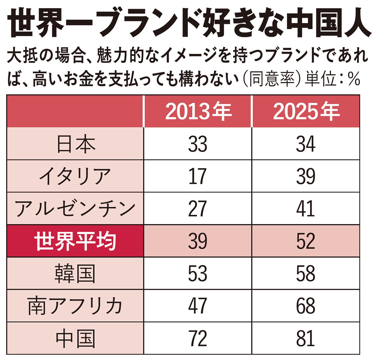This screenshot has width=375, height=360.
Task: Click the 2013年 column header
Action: point(198,111)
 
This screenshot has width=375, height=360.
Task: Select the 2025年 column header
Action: point(306,111)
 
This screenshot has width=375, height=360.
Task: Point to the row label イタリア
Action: point(75,176)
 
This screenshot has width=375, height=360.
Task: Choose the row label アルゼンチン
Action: point(75,209)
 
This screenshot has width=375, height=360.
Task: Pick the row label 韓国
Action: point(75,273)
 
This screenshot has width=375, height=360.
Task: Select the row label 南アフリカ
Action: point(75,306)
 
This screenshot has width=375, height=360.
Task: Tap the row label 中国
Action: point(75,338)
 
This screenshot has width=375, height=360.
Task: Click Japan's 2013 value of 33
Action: point(198,144)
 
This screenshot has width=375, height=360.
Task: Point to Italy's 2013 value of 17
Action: point(198,176)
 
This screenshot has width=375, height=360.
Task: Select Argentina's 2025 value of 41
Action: point(306,209)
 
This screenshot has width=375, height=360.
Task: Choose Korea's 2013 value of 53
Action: point(198,273)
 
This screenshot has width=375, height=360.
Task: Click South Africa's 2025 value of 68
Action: point(306,306)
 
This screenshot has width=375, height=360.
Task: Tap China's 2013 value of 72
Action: point(198,338)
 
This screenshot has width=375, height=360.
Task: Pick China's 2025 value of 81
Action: point(306,338)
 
